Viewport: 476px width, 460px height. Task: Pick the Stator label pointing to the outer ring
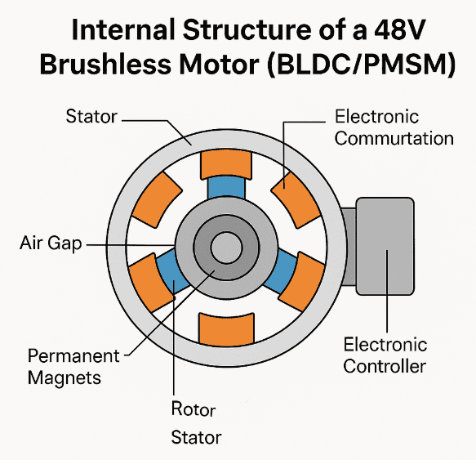pos(91,118)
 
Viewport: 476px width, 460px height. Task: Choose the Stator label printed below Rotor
pos(195,437)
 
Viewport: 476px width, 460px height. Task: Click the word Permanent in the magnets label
pos(73,357)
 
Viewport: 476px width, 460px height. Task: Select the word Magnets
pos(65,378)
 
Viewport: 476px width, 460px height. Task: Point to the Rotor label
pos(194,409)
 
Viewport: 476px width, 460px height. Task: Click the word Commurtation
pos(394,138)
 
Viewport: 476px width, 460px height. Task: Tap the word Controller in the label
pos(385,365)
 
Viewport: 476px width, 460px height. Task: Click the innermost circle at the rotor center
pos(222,248)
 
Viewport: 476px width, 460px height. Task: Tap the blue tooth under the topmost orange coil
pos(223,190)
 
